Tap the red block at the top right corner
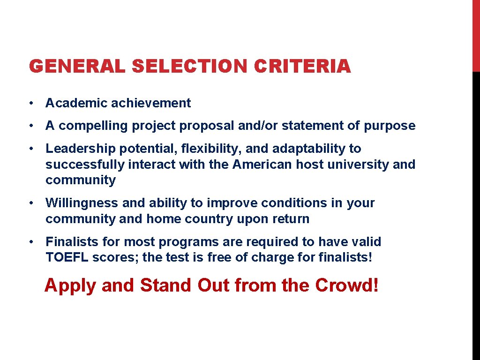tap(476, 36)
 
